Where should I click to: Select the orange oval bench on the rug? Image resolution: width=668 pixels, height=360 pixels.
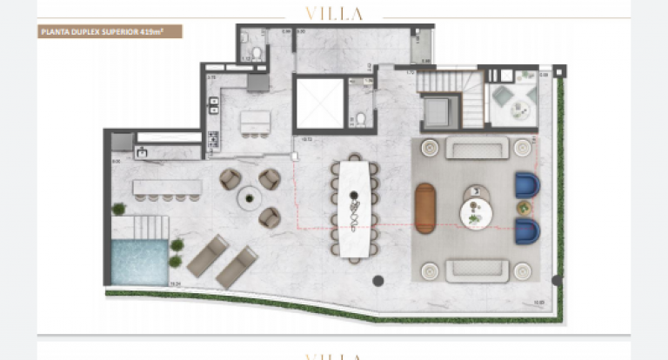coord(424,208)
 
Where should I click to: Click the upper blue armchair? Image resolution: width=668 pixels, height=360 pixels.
coord(527,185)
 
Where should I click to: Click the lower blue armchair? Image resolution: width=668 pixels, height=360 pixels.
coord(527,231)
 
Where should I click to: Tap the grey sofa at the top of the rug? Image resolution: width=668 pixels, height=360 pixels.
coord(477,148)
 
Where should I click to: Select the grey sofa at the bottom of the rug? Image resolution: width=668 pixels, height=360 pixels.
coord(477,270)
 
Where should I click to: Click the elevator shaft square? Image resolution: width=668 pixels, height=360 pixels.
coord(319,103)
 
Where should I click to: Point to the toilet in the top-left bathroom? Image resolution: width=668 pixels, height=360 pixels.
coord(246,38)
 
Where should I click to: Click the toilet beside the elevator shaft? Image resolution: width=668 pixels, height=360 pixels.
coord(359,119)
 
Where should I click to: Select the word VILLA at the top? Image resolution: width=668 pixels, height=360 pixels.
coord(334,13)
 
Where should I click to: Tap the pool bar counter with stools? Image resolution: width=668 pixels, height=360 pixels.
coord(167,187)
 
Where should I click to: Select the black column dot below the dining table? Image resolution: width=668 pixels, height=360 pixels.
coord(378,280)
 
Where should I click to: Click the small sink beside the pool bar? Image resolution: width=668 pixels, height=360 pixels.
coord(141,153)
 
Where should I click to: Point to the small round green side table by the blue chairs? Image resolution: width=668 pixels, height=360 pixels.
coord(524,208)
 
